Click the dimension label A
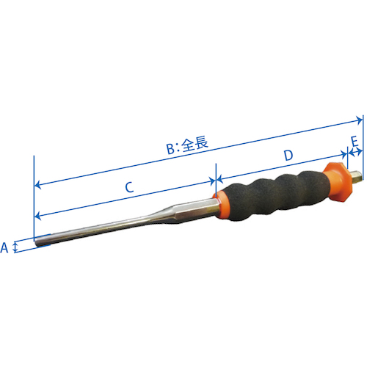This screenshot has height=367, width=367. click(x=4, y=248)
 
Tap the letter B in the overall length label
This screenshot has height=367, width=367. click(x=170, y=148)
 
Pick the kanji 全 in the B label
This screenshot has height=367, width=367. click(x=187, y=145)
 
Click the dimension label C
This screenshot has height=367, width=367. click(x=128, y=187)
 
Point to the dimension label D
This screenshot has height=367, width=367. click(x=288, y=156)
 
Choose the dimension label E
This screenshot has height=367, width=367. click(x=354, y=140)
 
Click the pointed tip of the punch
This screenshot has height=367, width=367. click(x=39, y=243)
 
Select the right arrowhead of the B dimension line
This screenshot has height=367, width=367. click(x=359, y=120)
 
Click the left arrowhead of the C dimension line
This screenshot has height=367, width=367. click(x=39, y=216)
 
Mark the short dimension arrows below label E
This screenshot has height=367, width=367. click(x=354, y=152)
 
